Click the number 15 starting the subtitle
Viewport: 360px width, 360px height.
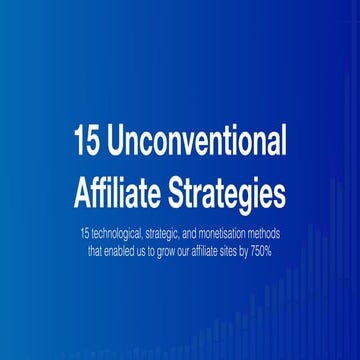click(x=82, y=232)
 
